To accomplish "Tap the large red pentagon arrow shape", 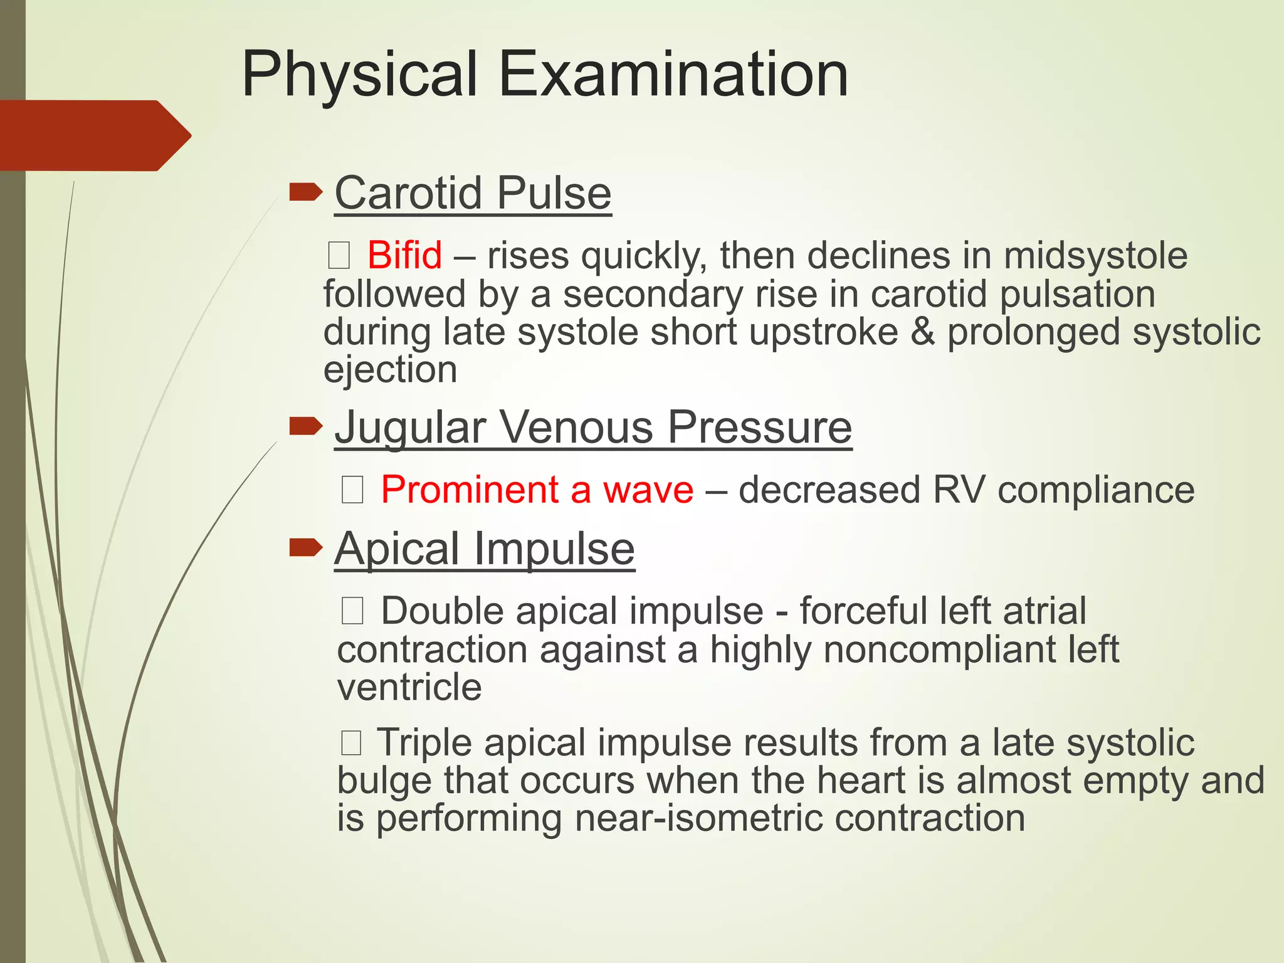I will (94, 135).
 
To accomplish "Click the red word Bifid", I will (404, 255).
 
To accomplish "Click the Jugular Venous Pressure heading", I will (593, 428).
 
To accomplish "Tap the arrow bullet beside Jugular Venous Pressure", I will (305, 427).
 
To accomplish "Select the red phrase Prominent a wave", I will (537, 490).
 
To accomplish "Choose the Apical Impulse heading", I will (485, 549).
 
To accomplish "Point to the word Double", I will (442, 611).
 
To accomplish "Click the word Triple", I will (424, 743).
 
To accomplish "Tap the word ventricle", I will (409, 687).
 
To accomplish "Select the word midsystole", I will (1095, 256).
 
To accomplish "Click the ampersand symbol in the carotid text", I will (922, 332).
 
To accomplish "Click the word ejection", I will (390, 370).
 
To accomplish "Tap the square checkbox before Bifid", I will (339, 256).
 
